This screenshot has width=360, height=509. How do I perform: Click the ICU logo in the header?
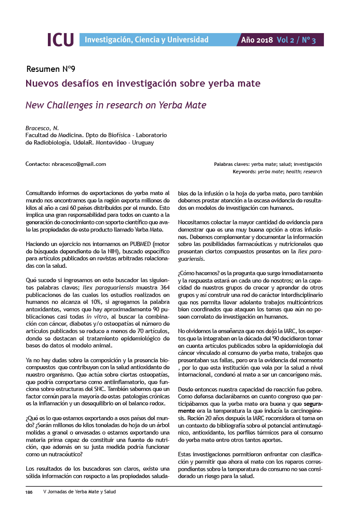coord(61,40)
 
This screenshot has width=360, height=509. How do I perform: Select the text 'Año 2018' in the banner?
coord(257,40)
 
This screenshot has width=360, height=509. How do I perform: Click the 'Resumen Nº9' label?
coord(51,69)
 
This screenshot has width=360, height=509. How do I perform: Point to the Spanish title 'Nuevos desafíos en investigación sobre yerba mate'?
coord(143,83)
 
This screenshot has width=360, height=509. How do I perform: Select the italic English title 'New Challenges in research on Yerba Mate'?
coord(116,105)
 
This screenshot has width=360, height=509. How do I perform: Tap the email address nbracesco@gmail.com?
coord(79,164)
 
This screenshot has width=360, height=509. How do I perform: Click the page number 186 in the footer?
coord(29,492)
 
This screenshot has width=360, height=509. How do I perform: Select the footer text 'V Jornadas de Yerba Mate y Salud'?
coord(80,492)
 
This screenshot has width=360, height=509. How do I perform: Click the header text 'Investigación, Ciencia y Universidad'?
coord(146,40)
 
